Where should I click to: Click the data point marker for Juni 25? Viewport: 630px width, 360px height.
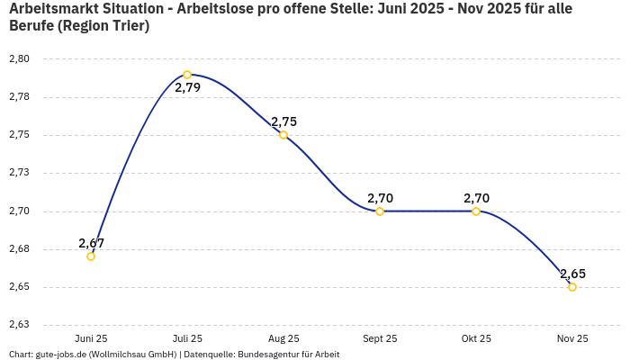[x=91, y=256]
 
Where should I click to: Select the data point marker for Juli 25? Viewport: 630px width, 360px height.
[x=187, y=75]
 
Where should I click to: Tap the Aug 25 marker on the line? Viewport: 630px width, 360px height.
[x=283, y=135]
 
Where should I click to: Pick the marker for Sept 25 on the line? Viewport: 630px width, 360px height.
[x=380, y=211]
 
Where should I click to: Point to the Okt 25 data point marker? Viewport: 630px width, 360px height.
[x=476, y=211]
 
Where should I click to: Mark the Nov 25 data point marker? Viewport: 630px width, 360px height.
[x=572, y=287]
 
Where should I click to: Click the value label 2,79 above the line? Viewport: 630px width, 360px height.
[x=187, y=88]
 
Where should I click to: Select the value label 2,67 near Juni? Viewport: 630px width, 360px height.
[x=91, y=243]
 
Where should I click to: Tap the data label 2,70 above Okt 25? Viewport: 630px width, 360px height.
[x=476, y=198]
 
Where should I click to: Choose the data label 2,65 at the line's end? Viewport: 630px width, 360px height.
[x=572, y=274]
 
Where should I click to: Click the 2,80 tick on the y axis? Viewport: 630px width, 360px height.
[x=19, y=59]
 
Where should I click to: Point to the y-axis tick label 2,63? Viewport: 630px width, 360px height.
[x=19, y=325]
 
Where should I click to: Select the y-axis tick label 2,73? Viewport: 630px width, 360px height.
[x=19, y=173]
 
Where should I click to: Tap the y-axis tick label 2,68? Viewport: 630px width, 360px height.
[x=19, y=249]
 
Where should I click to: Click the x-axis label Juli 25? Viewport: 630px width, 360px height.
[x=187, y=338]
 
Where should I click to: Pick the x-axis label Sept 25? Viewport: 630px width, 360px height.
[x=380, y=338]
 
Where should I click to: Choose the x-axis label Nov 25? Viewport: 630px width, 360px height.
[x=572, y=338]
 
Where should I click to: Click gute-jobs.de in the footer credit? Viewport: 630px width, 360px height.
[x=61, y=354]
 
